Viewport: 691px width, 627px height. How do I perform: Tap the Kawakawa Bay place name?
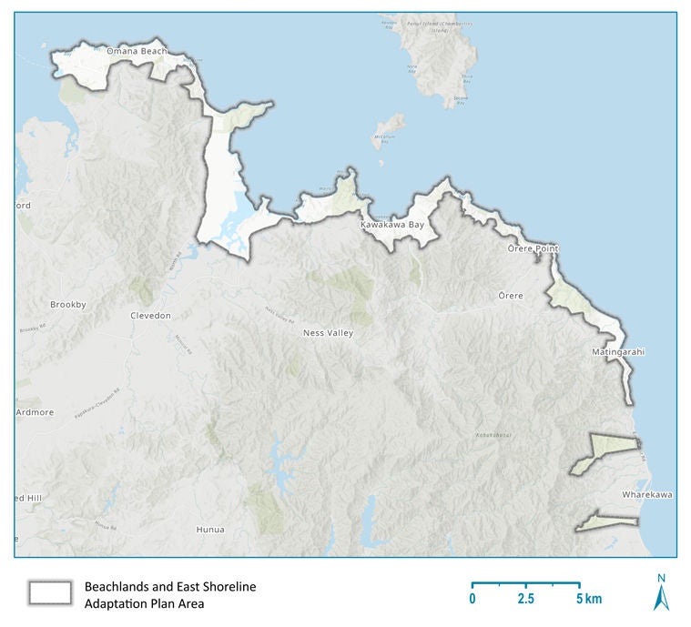(x=391, y=224)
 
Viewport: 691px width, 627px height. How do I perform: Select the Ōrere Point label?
(x=533, y=248)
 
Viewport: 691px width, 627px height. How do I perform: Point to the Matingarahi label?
(x=618, y=351)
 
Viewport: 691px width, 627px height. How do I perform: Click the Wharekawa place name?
(x=647, y=494)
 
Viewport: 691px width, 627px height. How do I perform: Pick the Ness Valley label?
(x=328, y=333)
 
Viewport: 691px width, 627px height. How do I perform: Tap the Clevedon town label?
(x=149, y=315)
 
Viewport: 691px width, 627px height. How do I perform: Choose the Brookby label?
(x=68, y=305)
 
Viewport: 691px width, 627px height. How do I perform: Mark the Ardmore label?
(x=35, y=412)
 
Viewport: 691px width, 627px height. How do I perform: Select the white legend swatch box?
(x=50, y=593)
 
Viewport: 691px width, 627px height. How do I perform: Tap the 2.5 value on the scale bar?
(x=525, y=599)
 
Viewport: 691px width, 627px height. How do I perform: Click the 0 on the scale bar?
(x=473, y=599)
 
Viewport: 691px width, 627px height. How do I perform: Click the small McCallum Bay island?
(x=390, y=125)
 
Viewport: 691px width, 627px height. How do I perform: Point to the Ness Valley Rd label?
(x=280, y=315)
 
